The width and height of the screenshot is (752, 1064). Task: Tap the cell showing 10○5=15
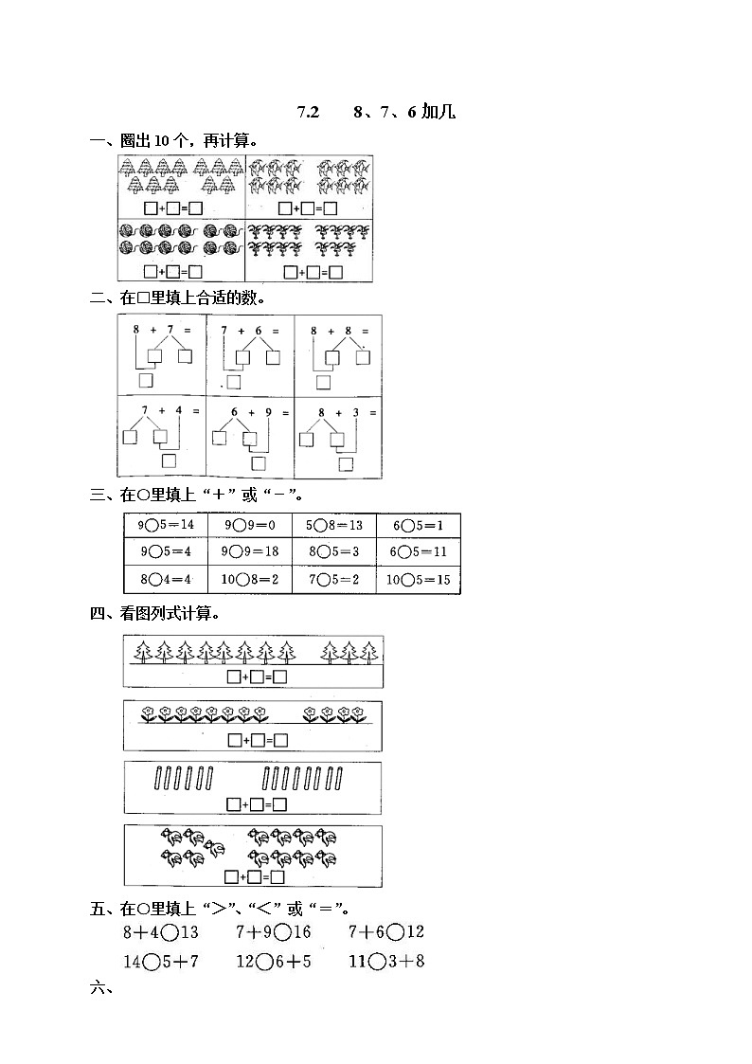click(x=418, y=580)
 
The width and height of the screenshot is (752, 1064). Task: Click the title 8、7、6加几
click(x=403, y=113)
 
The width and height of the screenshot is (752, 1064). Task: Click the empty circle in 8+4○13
click(x=170, y=933)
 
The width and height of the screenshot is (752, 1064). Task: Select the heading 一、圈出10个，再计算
click(x=174, y=141)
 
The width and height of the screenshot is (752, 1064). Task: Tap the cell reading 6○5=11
click(x=418, y=552)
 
